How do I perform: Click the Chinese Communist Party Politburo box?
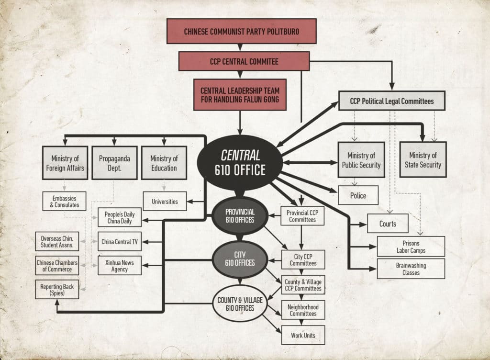pyautogui.click(x=241, y=32)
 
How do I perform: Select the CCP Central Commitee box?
pyautogui.click(x=244, y=62)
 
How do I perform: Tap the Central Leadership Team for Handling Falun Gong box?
pyautogui.click(x=240, y=95)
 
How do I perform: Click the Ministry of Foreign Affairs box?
pyautogui.click(x=65, y=163)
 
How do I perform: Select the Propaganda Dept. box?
pyautogui.click(x=114, y=163)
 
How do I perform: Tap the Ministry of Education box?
pyautogui.click(x=164, y=163)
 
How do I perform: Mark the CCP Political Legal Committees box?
pyautogui.click(x=392, y=101)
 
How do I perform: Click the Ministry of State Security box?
pyautogui.click(x=423, y=159)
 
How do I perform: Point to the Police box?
pyautogui.click(x=358, y=195)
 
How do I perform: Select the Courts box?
pyautogui.click(x=388, y=224)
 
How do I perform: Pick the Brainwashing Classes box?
pyautogui.click(x=411, y=269)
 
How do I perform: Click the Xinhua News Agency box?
pyautogui.click(x=120, y=266)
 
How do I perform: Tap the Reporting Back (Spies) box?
pyautogui.click(x=56, y=289)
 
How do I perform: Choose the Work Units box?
pyautogui.click(x=303, y=335)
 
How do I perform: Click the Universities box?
pyautogui.click(x=165, y=202)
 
